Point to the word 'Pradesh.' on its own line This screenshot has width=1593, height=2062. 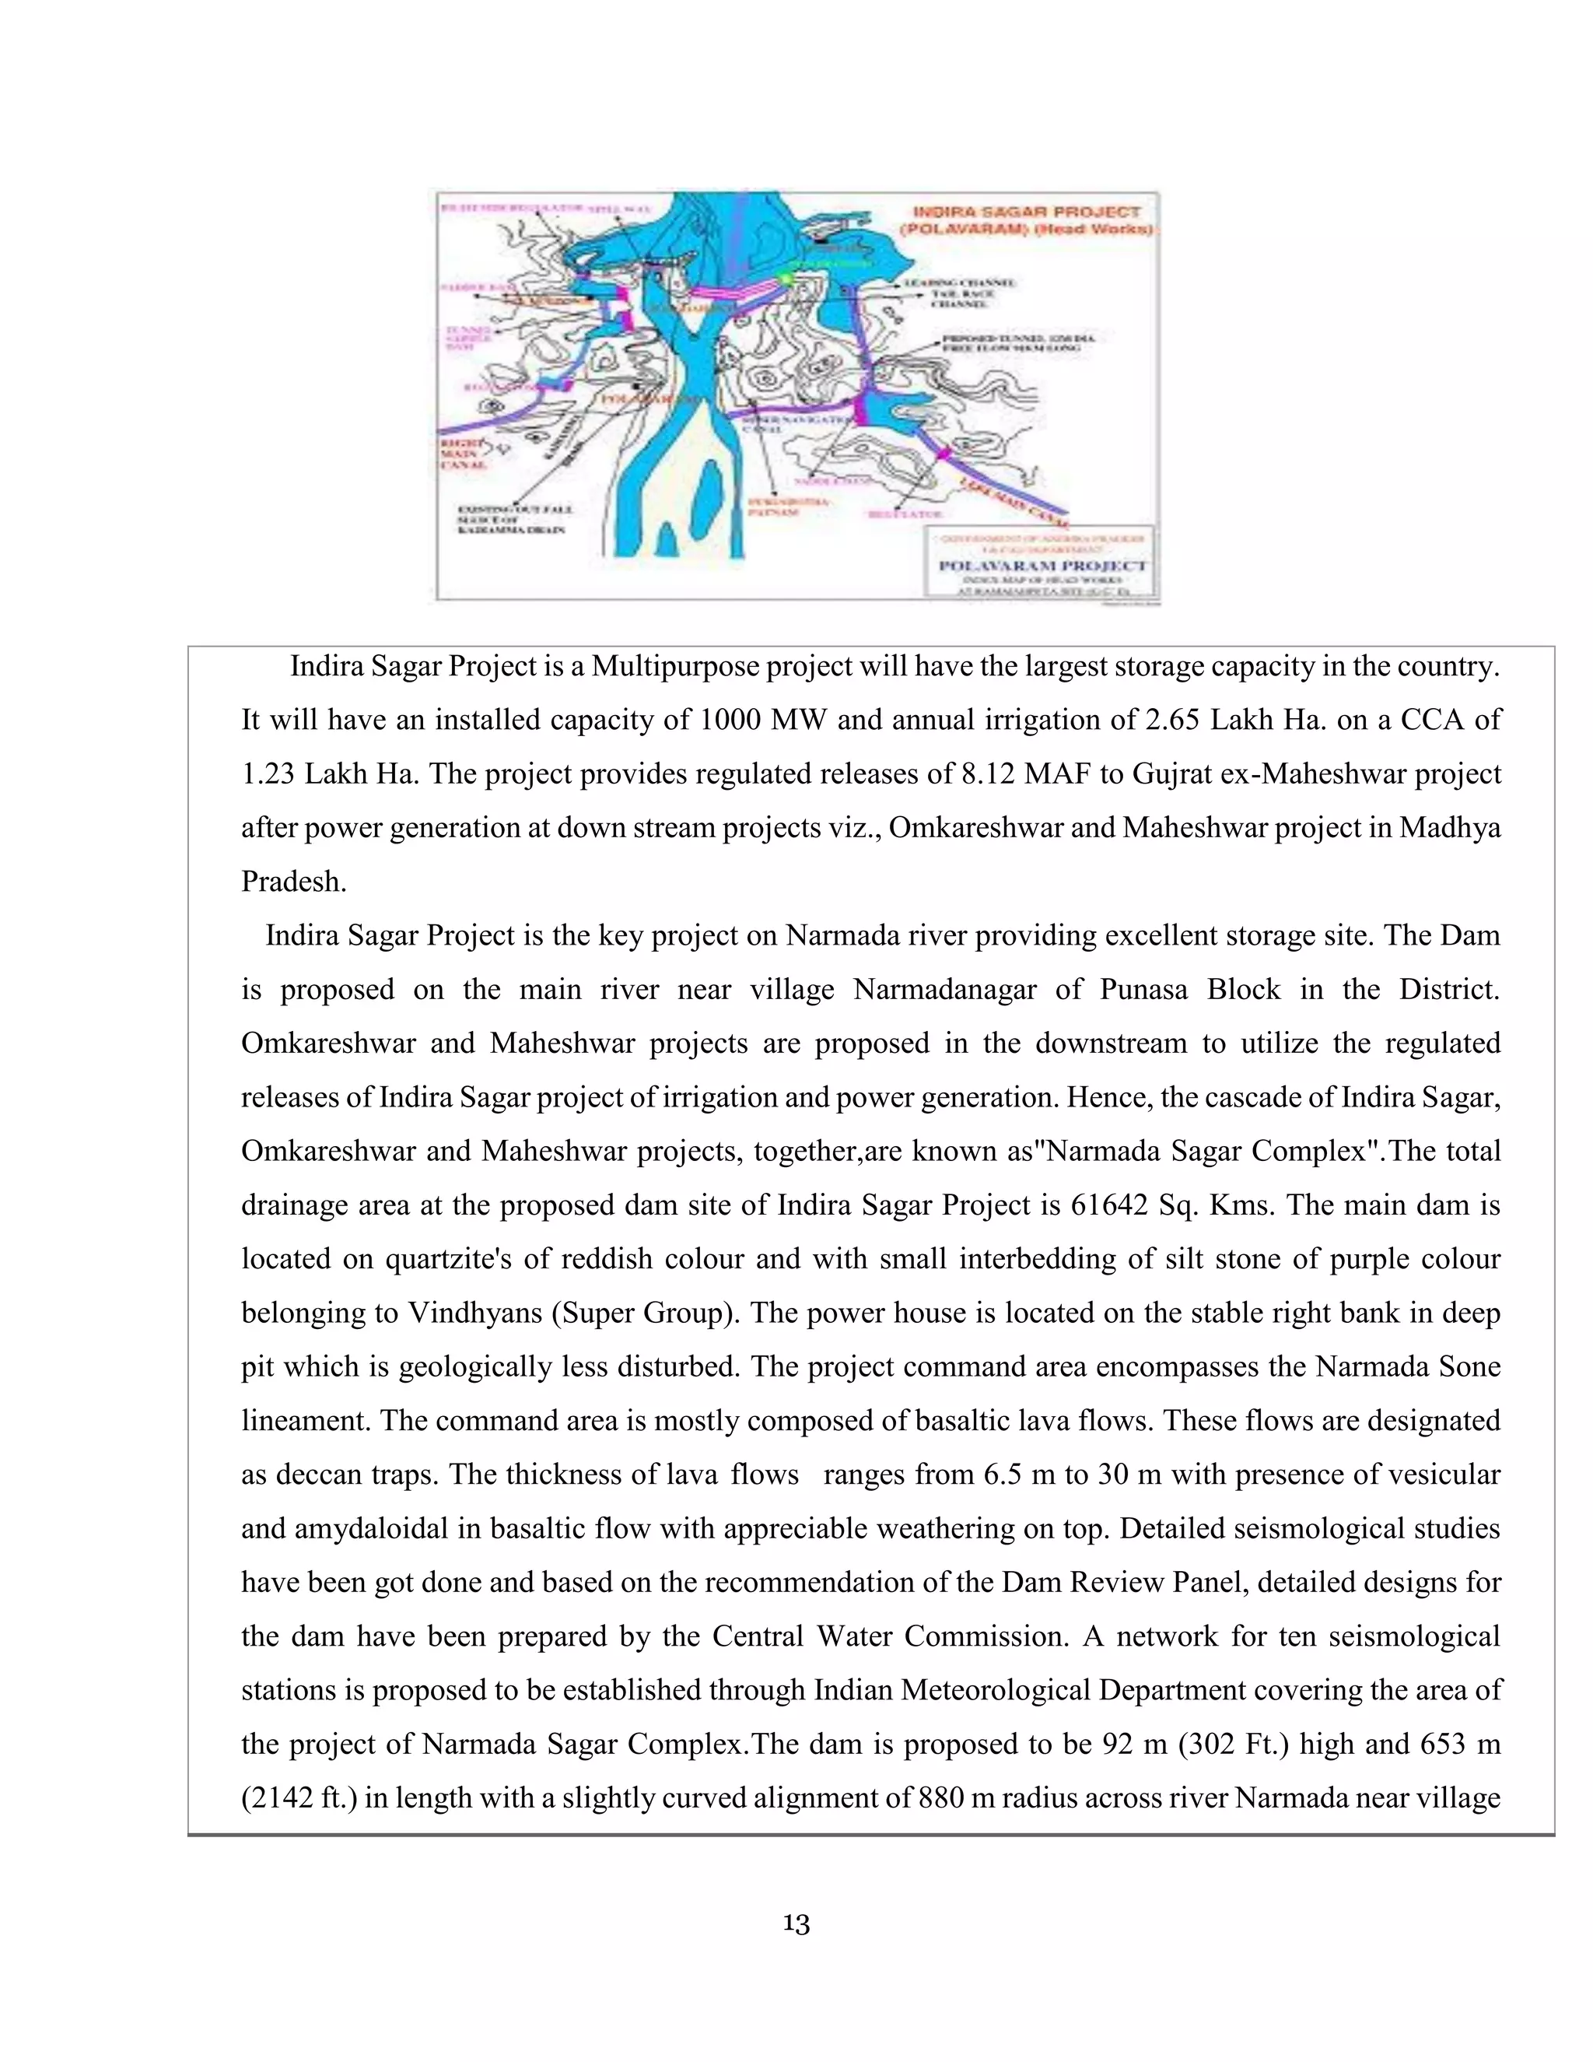293,881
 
